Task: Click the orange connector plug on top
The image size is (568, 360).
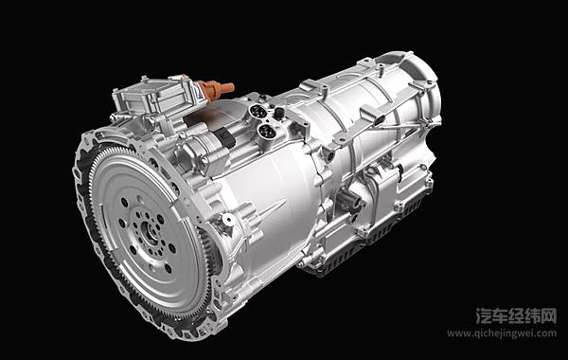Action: tap(216, 88)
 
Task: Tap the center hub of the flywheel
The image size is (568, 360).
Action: tap(149, 231)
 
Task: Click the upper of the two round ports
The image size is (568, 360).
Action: tap(259, 111)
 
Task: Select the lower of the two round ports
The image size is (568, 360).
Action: tap(267, 131)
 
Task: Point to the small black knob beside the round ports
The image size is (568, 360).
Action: tap(278, 113)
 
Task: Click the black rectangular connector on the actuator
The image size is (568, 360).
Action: tap(225, 137)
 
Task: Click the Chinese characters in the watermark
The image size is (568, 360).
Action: tap(516, 315)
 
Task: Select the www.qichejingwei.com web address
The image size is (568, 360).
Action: tap(502, 333)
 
